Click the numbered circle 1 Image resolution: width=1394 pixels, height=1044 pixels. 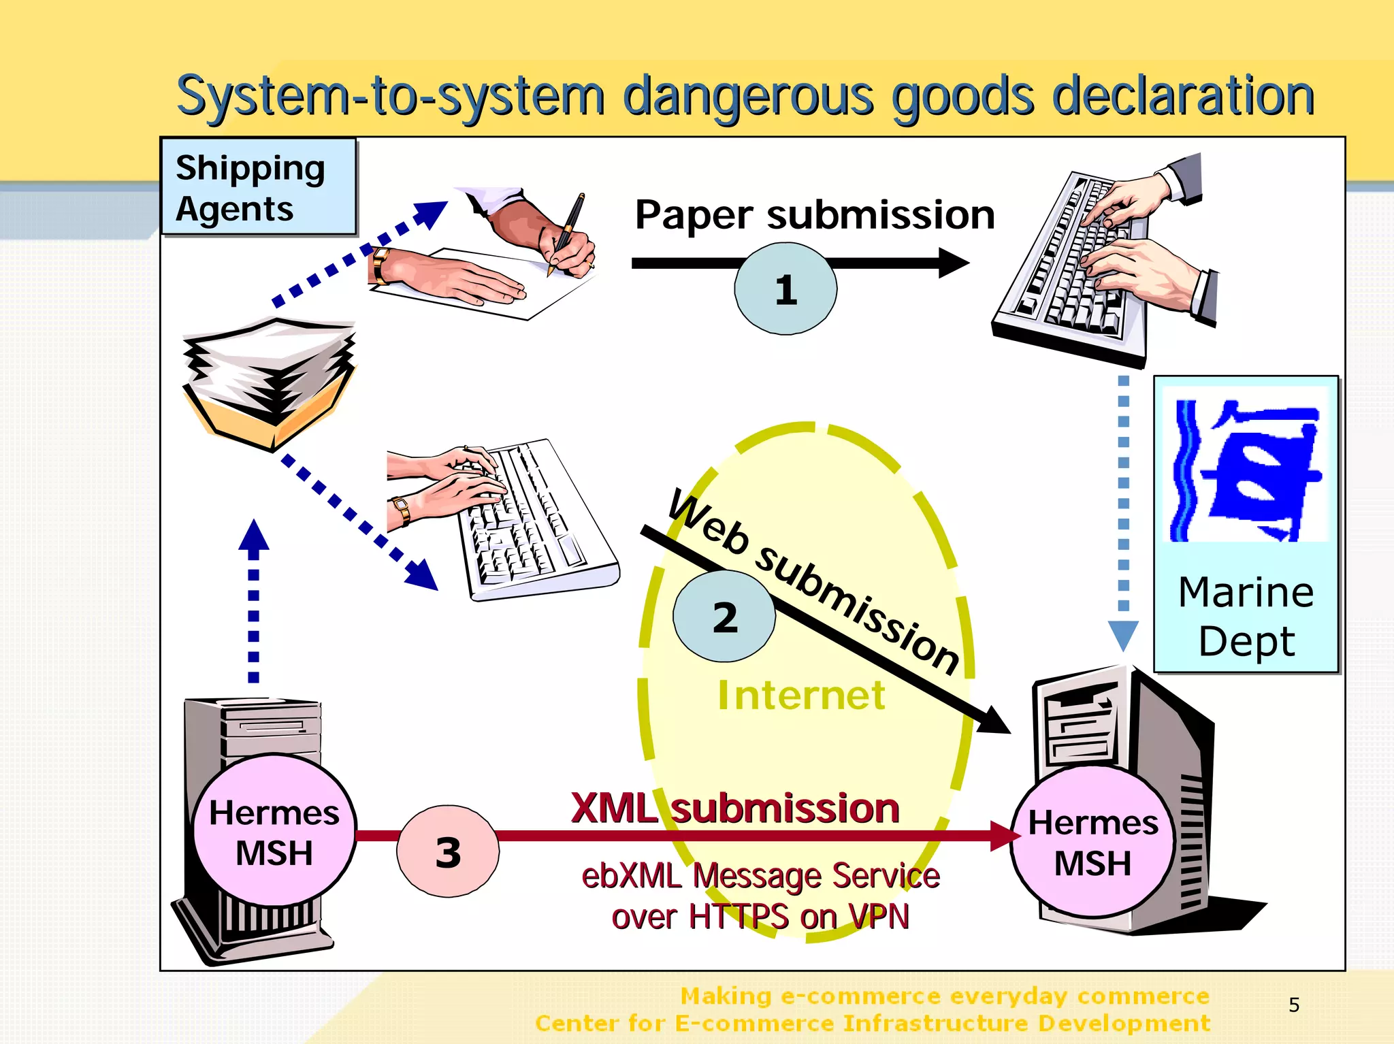pyautogui.click(x=785, y=289)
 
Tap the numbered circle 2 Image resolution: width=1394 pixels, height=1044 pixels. pyautogui.click(x=724, y=617)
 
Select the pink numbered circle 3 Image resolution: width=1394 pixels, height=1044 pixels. pyautogui.click(x=448, y=851)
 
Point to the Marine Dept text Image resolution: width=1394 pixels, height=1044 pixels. pyautogui.click(x=1246, y=616)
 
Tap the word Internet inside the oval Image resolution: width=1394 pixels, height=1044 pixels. pyautogui.click(x=801, y=695)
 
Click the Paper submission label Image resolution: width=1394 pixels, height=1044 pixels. pyautogui.click(x=814, y=215)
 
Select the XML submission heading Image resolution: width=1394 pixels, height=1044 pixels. pyautogui.click(x=735, y=809)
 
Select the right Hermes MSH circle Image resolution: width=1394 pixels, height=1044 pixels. pyautogui.click(x=1092, y=843)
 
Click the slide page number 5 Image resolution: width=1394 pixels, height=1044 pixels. pyautogui.click(x=1294, y=1005)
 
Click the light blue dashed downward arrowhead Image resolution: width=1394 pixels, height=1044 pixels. pyautogui.click(x=1123, y=634)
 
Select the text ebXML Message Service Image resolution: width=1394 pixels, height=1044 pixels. pyautogui.click(x=760, y=875)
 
